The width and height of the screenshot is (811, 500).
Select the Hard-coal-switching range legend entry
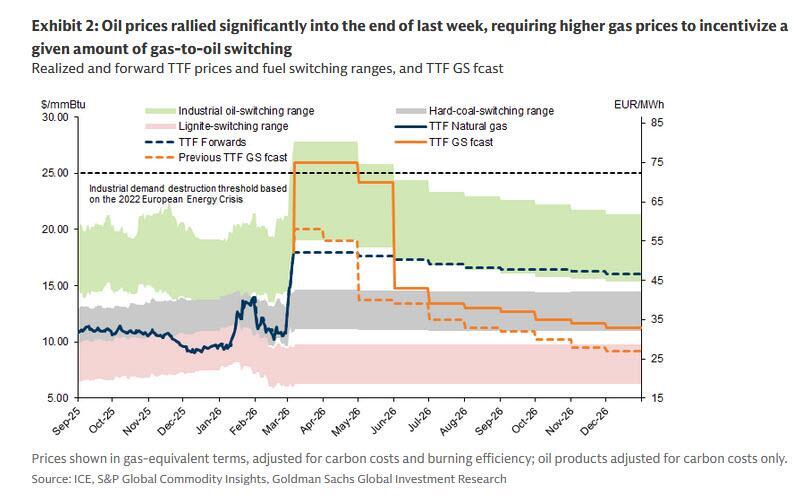[494, 111]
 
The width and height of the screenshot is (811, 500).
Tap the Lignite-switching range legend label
[233, 126]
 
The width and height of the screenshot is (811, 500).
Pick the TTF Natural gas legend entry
[476, 126]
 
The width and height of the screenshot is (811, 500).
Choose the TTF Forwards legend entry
[215, 142]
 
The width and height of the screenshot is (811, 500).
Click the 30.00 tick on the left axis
[50, 117]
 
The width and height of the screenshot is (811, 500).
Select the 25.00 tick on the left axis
[50, 173]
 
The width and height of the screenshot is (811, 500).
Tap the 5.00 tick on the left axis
[54, 398]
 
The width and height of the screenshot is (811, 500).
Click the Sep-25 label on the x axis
[69, 423]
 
